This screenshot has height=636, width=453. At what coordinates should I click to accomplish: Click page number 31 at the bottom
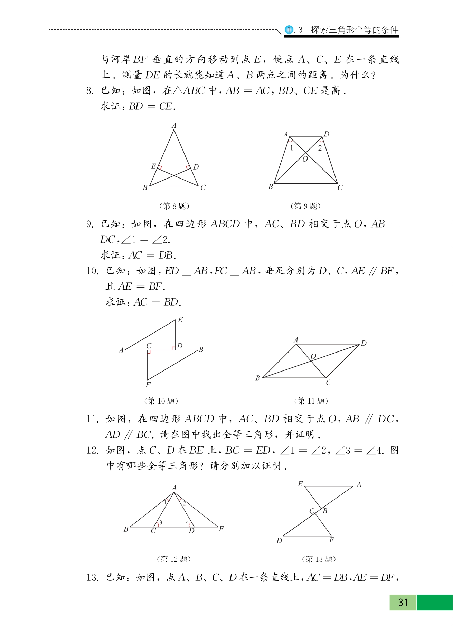coord(403,603)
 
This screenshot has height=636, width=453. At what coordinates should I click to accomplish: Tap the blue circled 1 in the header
coord(289,30)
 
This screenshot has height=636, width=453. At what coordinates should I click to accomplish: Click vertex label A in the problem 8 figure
coord(174,126)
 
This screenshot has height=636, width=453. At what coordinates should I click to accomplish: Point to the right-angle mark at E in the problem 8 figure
coord(159,167)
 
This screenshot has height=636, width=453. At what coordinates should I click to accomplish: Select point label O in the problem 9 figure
coord(305,159)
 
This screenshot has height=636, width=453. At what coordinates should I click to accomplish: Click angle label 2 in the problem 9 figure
coord(320,148)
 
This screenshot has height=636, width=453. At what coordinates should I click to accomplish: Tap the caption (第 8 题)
coord(174,206)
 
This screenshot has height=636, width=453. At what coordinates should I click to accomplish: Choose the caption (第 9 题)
coord(305,206)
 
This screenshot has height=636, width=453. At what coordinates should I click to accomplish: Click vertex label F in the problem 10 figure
coord(148,385)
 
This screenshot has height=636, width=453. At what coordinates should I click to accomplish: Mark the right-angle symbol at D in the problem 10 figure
coord(174,348)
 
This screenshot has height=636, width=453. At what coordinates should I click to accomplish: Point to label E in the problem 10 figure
coord(180,320)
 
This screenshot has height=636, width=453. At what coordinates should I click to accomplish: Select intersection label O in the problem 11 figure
coord(313,356)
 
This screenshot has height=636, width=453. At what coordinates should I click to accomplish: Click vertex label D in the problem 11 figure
coord(364,343)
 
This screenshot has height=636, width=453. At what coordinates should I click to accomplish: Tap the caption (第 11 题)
coord(311,401)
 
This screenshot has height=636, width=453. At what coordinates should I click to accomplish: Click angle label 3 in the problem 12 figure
coord(161,522)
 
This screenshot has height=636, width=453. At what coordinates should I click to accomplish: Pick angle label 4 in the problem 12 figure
coord(187,522)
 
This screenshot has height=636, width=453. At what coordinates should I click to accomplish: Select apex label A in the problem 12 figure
coord(174,488)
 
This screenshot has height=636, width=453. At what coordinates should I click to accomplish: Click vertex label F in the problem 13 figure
coord(331,540)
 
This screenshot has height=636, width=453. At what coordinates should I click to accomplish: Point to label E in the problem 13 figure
coord(300,484)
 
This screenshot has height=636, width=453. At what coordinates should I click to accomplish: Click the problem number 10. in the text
coord(93,271)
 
